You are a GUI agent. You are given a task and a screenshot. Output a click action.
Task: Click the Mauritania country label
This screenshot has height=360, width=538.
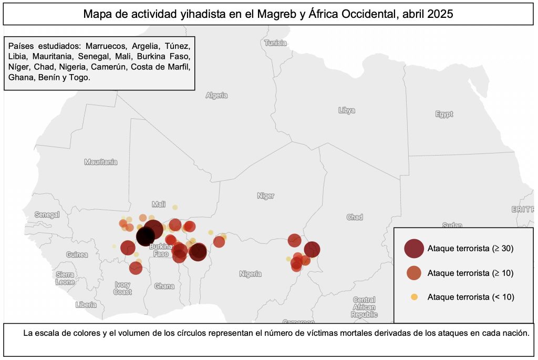[101, 162]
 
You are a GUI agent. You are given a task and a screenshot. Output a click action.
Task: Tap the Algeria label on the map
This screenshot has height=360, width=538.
[216, 95]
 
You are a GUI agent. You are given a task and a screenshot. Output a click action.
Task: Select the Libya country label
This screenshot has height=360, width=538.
[347, 110]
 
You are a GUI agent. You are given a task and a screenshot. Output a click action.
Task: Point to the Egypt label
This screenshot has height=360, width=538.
[444, 114]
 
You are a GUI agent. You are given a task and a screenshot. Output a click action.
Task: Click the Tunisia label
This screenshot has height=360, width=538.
[276, 43]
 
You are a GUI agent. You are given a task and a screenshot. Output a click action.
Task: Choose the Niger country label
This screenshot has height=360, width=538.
[265, 196]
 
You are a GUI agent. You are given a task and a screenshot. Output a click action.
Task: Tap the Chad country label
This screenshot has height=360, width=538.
[355, 217]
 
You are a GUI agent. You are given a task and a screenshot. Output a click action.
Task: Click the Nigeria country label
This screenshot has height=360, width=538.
[250, 274]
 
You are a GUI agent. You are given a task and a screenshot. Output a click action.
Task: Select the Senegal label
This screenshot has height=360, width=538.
[47, 214]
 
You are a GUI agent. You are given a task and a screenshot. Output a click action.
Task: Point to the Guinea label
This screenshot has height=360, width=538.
[77, 254]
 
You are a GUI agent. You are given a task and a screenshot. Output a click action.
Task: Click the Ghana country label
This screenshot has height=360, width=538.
[164, 286]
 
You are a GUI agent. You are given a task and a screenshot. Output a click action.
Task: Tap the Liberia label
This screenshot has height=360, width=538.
[86, 304]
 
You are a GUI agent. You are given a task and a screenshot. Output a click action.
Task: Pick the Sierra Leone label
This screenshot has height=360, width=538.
[65, 278]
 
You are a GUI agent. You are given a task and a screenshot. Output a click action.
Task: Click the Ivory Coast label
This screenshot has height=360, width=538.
[122, 288]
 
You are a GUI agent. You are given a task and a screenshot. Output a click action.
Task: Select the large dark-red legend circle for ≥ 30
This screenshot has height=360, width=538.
[413, 249]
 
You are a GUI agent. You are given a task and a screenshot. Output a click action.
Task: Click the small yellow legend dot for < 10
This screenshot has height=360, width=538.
[413, 297]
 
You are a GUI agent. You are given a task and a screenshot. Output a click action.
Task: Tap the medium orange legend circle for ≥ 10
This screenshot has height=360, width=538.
[413, 273]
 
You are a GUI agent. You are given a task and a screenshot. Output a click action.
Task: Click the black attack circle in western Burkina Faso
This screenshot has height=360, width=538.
[146, 236]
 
